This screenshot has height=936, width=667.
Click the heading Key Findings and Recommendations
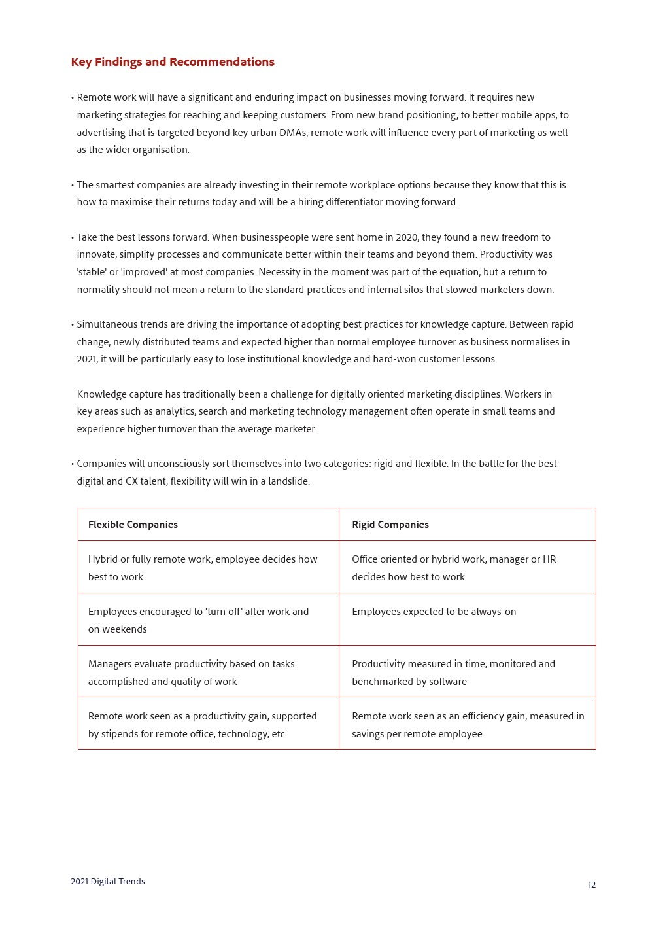[173, 62]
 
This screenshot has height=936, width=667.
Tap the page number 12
[592, 885]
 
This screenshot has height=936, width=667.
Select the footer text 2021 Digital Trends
[108, 882]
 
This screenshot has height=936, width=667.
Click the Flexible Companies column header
[133, 525]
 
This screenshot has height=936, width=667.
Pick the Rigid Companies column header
[390, 525]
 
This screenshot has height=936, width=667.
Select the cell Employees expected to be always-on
[434, 612]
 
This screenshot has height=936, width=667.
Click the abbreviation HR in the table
[549, 559]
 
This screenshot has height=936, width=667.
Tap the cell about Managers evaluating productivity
[191, 672]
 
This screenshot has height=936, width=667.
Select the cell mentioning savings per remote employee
[468, 725]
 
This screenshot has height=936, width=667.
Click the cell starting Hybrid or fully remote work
[202, 568]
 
